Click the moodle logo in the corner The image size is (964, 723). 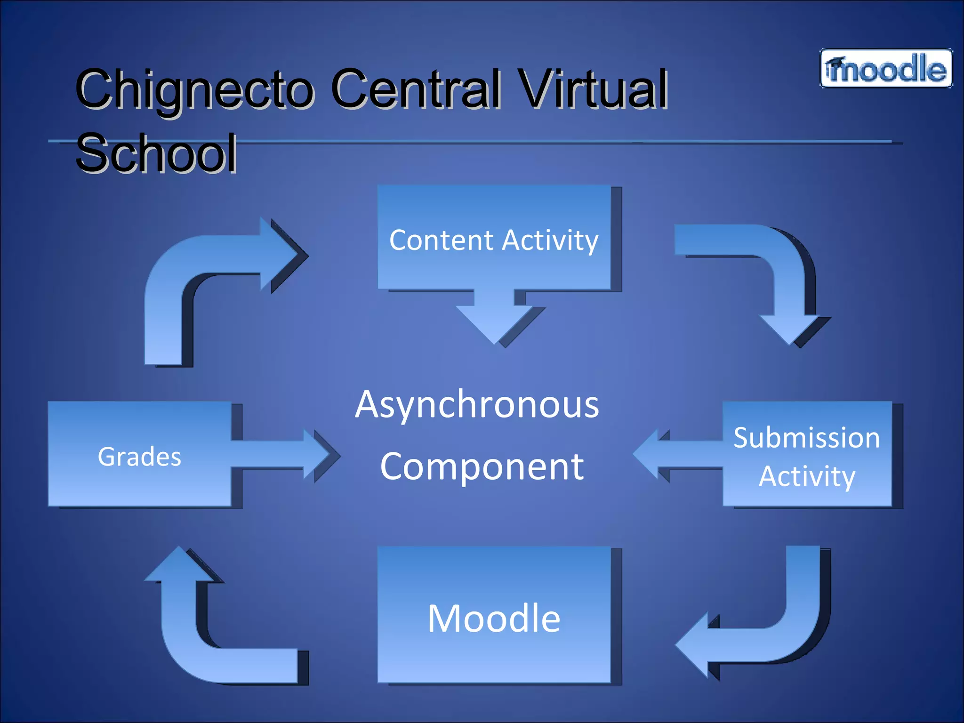tap(886, 69)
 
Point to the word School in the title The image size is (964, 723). tap(156, 153)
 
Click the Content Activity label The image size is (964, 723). tap(493, 241)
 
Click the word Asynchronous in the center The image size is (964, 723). tap(477, 405)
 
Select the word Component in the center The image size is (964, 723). tap(482, 467)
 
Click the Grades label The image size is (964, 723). tap(139, 457)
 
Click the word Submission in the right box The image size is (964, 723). tap(806, 438)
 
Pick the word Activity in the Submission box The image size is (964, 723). tap(806, 476)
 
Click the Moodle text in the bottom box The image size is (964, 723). tap(493, 618)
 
